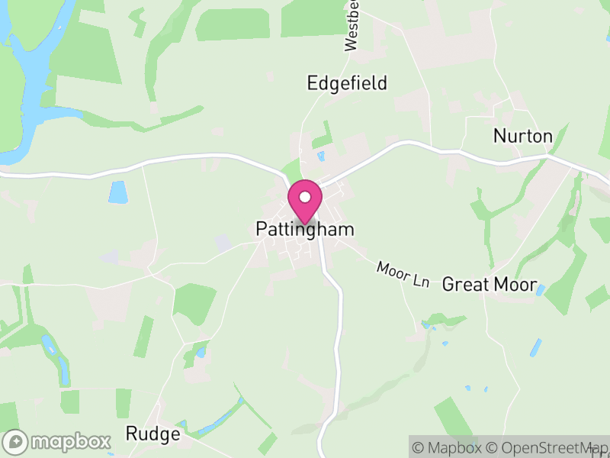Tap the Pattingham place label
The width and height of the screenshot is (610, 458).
point(305,229)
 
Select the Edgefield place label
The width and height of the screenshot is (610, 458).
point(347,83)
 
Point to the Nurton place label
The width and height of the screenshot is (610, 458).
point(522,136)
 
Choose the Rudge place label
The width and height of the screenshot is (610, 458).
point(152,434)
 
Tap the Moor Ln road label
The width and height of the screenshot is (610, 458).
point(403,275)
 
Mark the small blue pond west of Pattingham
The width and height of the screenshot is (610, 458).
point(118,192)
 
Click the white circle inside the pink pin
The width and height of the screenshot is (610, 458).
point(305,197)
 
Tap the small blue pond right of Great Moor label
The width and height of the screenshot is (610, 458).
point(540,290)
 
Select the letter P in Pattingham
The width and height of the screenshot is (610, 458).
point(262,229)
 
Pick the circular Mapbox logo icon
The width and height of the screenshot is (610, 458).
point(16,441)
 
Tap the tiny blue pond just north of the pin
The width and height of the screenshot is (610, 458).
point(321,156)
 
